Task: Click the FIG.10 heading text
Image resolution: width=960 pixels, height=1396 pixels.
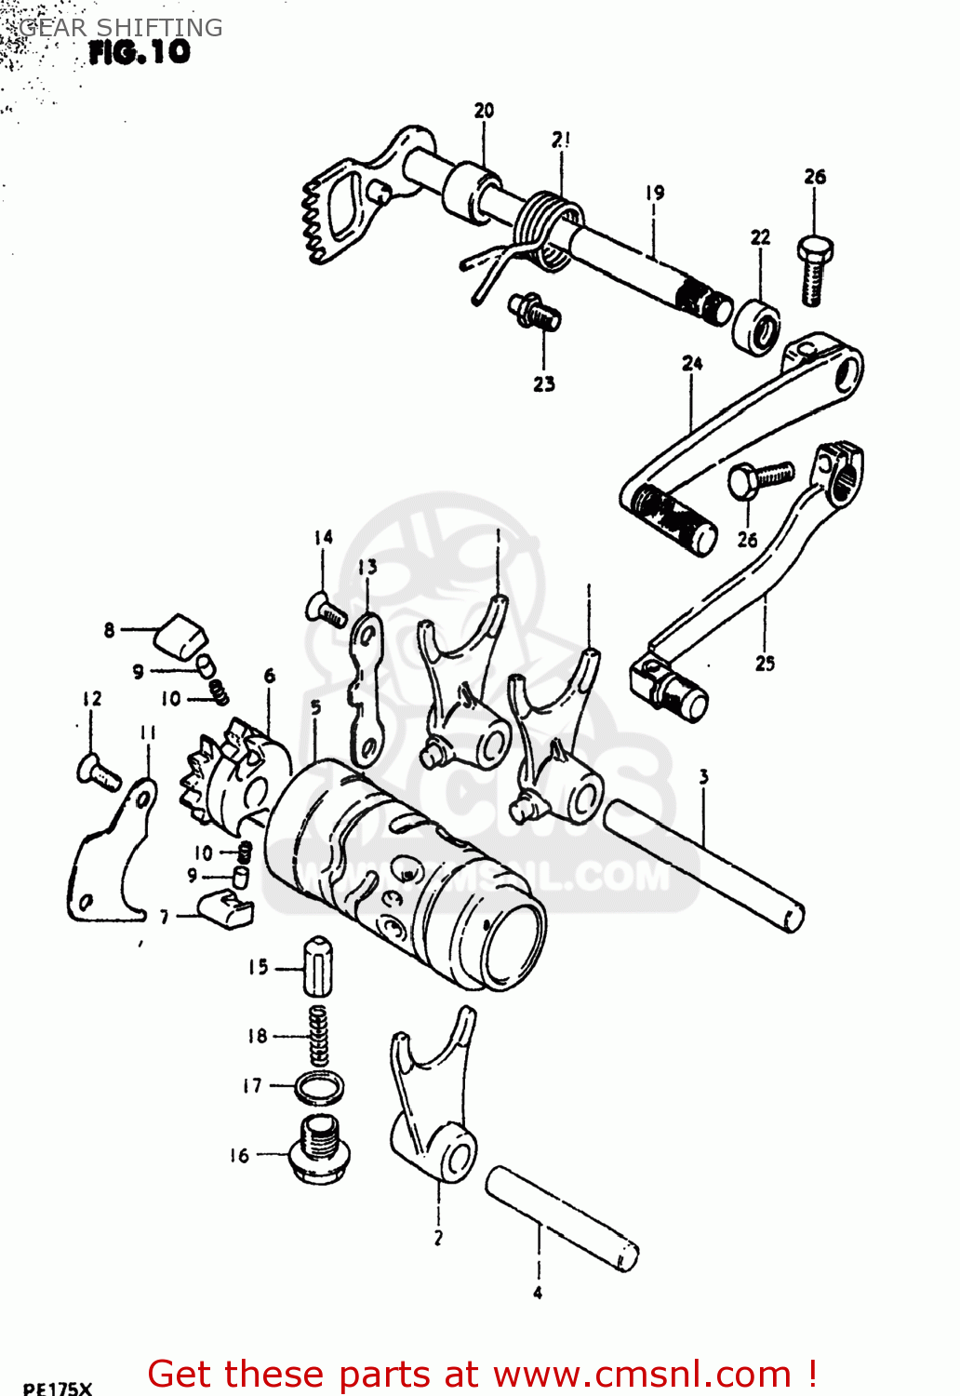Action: (139, 52)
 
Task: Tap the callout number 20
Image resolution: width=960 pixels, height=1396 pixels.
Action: (484, 111)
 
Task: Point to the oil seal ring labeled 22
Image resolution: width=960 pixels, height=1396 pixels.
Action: (755, 326)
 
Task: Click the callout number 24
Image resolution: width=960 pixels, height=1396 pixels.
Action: (692, 364)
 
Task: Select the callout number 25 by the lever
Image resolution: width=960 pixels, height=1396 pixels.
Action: (765, 664)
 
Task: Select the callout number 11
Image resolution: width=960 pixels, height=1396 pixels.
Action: (148, 733)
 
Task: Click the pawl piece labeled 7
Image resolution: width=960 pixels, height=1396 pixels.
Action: (227, 906)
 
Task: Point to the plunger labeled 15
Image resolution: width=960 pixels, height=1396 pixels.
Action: (318, 968)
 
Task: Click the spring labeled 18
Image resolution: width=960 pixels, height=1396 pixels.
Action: (318, 1036)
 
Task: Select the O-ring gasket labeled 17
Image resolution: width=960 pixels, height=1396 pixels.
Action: (318, 1086)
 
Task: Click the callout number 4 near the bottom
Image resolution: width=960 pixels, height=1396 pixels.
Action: (538, 1293)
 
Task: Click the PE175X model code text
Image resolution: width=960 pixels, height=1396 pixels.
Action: (58, 1388)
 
